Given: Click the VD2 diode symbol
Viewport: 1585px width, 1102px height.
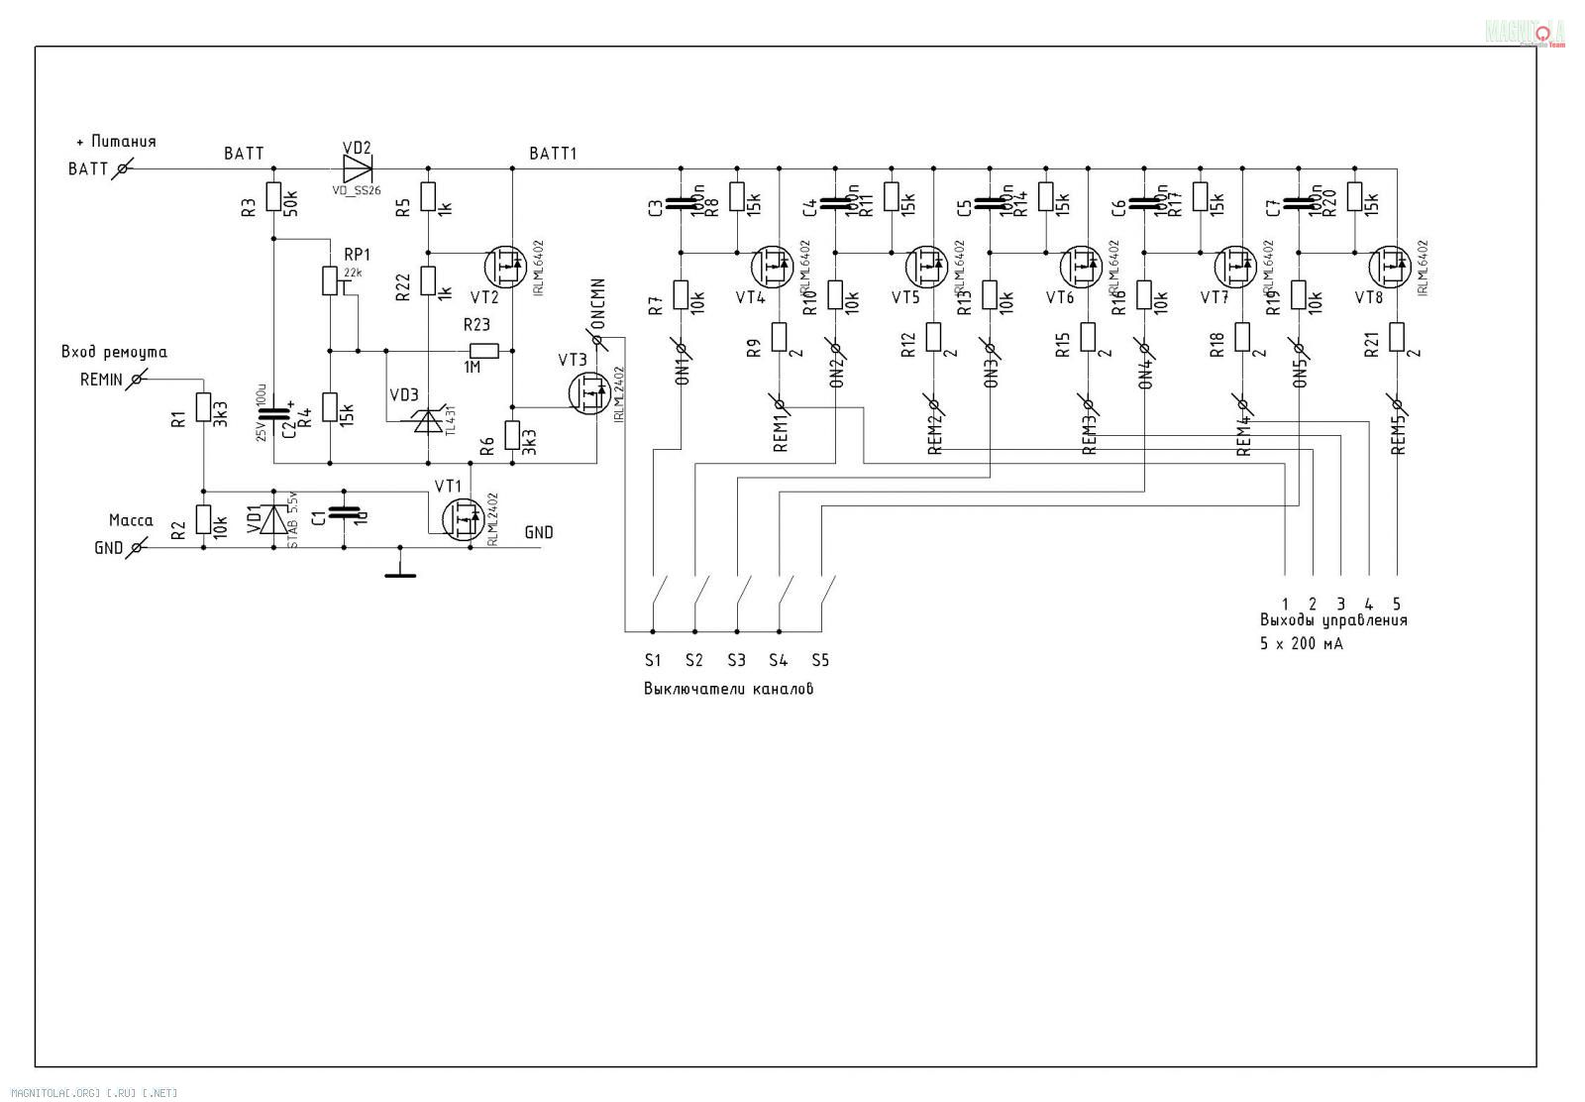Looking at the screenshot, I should (357, 166).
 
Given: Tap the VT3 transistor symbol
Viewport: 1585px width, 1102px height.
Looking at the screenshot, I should (588, 391).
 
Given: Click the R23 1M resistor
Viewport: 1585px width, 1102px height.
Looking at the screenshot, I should (483, 349).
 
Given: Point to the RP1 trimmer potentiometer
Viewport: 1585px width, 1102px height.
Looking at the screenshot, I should (330, 280).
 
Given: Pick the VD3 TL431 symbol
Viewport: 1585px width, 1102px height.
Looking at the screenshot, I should (428, 421).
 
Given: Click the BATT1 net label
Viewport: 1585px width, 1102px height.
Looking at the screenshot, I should (553, 154).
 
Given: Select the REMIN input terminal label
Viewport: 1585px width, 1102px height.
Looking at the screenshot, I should (101, 380).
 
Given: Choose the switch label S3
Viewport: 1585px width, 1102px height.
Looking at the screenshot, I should (736, 660).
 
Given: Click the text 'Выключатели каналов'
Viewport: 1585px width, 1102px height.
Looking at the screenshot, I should (728, 689).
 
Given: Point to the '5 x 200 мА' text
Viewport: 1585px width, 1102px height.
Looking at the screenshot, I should (1301, 643).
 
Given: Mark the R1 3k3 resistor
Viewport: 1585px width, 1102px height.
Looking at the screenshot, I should (203, 408).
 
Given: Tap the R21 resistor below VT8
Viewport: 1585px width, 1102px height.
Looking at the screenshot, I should (1397, 337).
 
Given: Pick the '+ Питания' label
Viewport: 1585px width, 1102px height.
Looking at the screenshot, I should (116, 142).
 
